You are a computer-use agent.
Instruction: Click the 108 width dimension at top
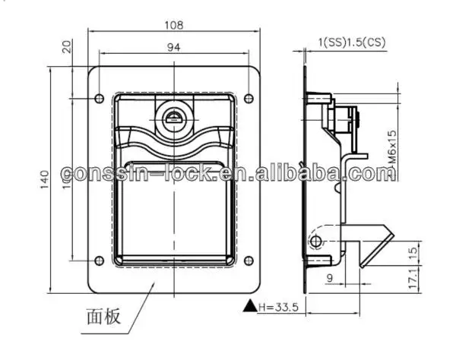(174, 25)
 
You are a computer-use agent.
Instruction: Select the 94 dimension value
(173, 48)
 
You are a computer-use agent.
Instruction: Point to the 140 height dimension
(45, 178)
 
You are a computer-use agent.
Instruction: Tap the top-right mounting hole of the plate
(248, 97)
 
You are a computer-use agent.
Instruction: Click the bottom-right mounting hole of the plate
(248, 257)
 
